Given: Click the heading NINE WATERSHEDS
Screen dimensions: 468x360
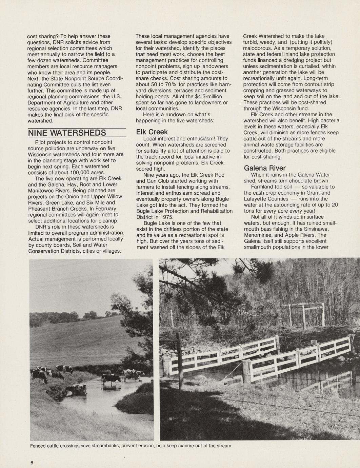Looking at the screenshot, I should (67, 133).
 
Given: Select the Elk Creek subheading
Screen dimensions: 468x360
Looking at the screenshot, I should (152, 132).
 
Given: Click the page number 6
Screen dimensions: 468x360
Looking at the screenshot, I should (32, 463).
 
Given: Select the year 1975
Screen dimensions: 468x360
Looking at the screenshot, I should (167, 217).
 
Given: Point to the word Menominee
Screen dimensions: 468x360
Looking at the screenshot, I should (260, 235).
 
